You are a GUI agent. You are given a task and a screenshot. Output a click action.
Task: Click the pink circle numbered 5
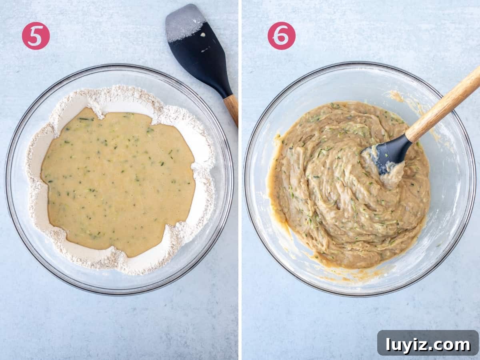tap(36, 36)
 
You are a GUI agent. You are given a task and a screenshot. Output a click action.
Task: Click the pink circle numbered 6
tap(282, 36)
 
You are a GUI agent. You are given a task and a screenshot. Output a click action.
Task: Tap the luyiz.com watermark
tap(428, 345)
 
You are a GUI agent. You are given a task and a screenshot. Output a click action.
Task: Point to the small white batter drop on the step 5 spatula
tap(203, 34)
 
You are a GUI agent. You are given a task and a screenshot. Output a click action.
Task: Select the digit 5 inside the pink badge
tap(36, 36)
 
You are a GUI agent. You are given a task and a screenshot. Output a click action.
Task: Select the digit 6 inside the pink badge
tap(282, 36)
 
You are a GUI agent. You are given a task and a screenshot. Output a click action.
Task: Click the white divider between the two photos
tap(240, 180)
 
